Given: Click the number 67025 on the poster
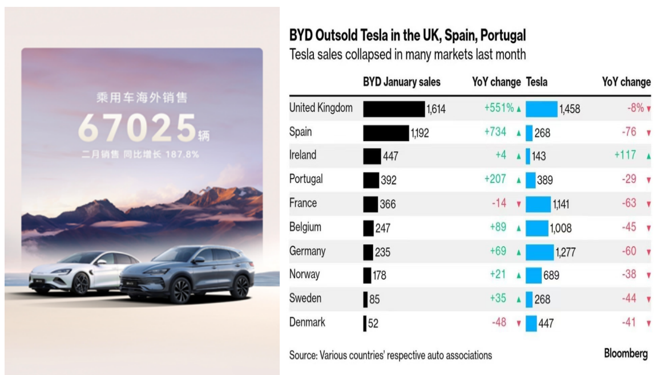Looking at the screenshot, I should tap(137, 128).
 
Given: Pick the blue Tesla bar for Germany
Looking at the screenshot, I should tap(539, 252).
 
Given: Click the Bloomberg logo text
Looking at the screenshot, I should tap(626, 353).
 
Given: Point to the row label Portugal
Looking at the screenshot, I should tap(306, 179).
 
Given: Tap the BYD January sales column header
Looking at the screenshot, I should tap(401, 82).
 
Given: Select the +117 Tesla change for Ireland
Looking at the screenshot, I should tap(625, 155).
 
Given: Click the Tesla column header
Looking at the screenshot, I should tap(536, 82).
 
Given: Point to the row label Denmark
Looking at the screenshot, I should tap(307, 322).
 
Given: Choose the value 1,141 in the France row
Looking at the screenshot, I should tap(561, 203).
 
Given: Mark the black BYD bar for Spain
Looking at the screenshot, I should tap(386, 133).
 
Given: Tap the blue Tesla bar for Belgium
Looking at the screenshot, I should tap(537, 228).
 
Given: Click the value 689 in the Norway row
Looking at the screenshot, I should tap(551, 275).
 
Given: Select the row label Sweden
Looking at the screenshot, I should tap(305, 298).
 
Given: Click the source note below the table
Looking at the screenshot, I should tap(390, 355).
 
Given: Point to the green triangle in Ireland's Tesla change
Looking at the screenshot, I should tap(648, 156).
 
